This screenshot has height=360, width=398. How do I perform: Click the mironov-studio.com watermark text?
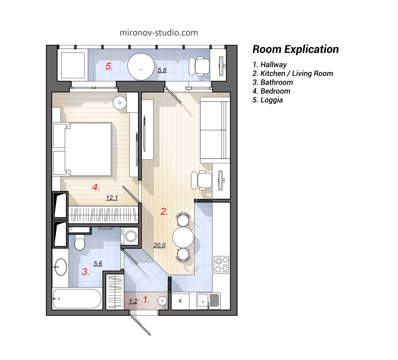click(159, 33)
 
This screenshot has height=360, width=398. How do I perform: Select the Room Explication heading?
click(295, 49)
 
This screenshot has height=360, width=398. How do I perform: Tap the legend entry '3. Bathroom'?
click(272, 82)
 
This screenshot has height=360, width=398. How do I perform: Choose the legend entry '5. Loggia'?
click(268, 100)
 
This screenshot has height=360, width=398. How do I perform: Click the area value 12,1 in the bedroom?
click(112, 198)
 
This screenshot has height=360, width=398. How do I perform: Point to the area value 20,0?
click(160, 245)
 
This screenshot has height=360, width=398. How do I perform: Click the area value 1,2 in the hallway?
click(133, 301)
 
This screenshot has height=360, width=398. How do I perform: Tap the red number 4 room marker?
click(96, 187)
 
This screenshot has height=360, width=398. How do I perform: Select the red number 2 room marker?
click(164, 211)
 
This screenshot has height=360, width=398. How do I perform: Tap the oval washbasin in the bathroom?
click(61, 267)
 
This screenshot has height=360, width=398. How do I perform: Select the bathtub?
click(77, 299)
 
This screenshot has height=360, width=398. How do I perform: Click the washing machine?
click(131, 236)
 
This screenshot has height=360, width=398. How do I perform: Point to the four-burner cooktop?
click(221, 265)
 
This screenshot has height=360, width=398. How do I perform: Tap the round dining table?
click(183, 237)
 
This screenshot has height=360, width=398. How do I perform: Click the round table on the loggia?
click(141, 67)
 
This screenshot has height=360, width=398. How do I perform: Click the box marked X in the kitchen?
click(180, 301)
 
